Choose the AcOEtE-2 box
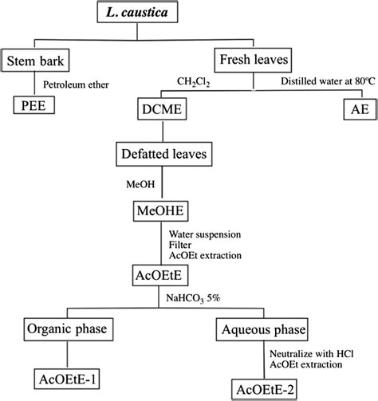[x=266, y=388]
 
